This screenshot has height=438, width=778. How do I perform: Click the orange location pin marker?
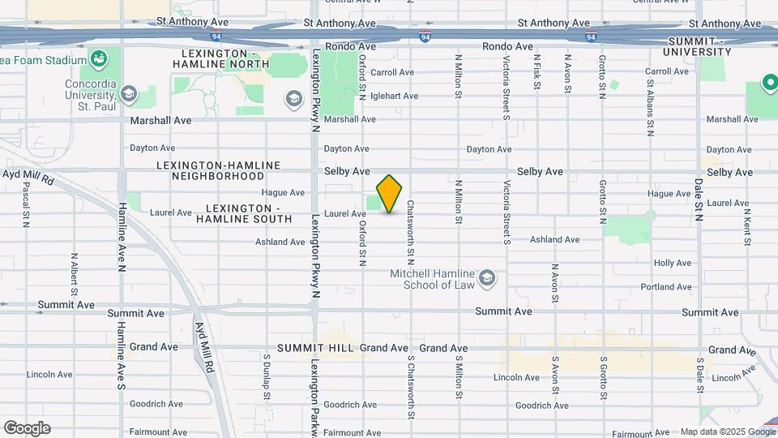pyautogui.click(x=390, y=193)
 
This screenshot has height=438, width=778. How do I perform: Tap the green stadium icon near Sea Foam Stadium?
pyautogui.click(x=100, y=59)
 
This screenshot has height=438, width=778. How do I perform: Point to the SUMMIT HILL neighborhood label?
pyautogui.click(x=315, y=348)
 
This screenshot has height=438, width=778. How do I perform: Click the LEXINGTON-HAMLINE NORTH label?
pyautogui.click(x=221, y=59)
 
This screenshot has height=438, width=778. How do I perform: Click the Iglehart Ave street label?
pyautogui.click(x=395, y=96)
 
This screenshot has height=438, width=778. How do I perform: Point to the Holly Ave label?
pyautogui.click(x=672, y=264)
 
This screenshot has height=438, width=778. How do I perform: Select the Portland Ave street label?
pyautogui.click(x=665, y=287)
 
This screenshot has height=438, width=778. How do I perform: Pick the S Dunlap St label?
pyautogui.click(x=266, y=376)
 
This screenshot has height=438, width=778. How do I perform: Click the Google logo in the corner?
pyautogui.click(x=27, y=428)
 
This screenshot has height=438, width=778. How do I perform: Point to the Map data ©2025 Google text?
pyautogui.click(x=727, y=432)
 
